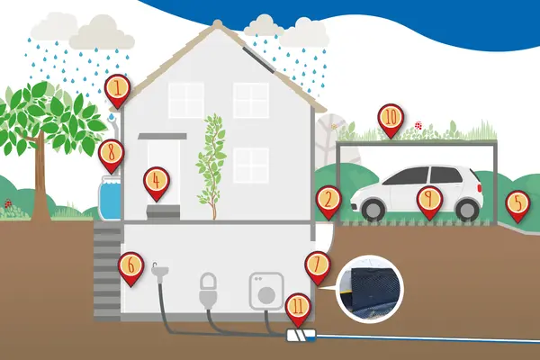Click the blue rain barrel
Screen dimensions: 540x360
tap(110, 198)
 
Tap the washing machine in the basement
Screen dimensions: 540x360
tap(266, 291)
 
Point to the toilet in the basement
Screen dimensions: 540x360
tap(209, 291)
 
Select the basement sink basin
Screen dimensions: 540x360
tap(160, 270)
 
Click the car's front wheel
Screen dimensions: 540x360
tap(372, 209)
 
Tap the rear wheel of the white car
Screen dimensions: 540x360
tap(467, 209)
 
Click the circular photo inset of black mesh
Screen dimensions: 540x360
tap(370, 290)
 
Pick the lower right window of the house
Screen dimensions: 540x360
tap(251, 165)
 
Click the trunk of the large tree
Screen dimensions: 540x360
tap(40, 183)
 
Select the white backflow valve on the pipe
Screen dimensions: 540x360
tap(301, 335)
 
